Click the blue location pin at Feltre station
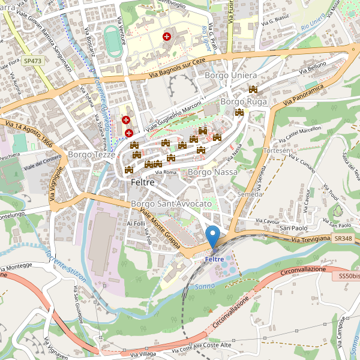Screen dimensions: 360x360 212,236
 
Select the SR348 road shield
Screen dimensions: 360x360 343,239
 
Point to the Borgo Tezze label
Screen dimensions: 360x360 88,154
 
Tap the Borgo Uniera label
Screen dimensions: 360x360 230,76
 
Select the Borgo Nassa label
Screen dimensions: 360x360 212,172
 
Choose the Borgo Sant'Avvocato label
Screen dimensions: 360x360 171,204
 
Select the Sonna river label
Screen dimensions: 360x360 205,287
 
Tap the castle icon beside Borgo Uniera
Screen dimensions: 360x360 253,89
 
